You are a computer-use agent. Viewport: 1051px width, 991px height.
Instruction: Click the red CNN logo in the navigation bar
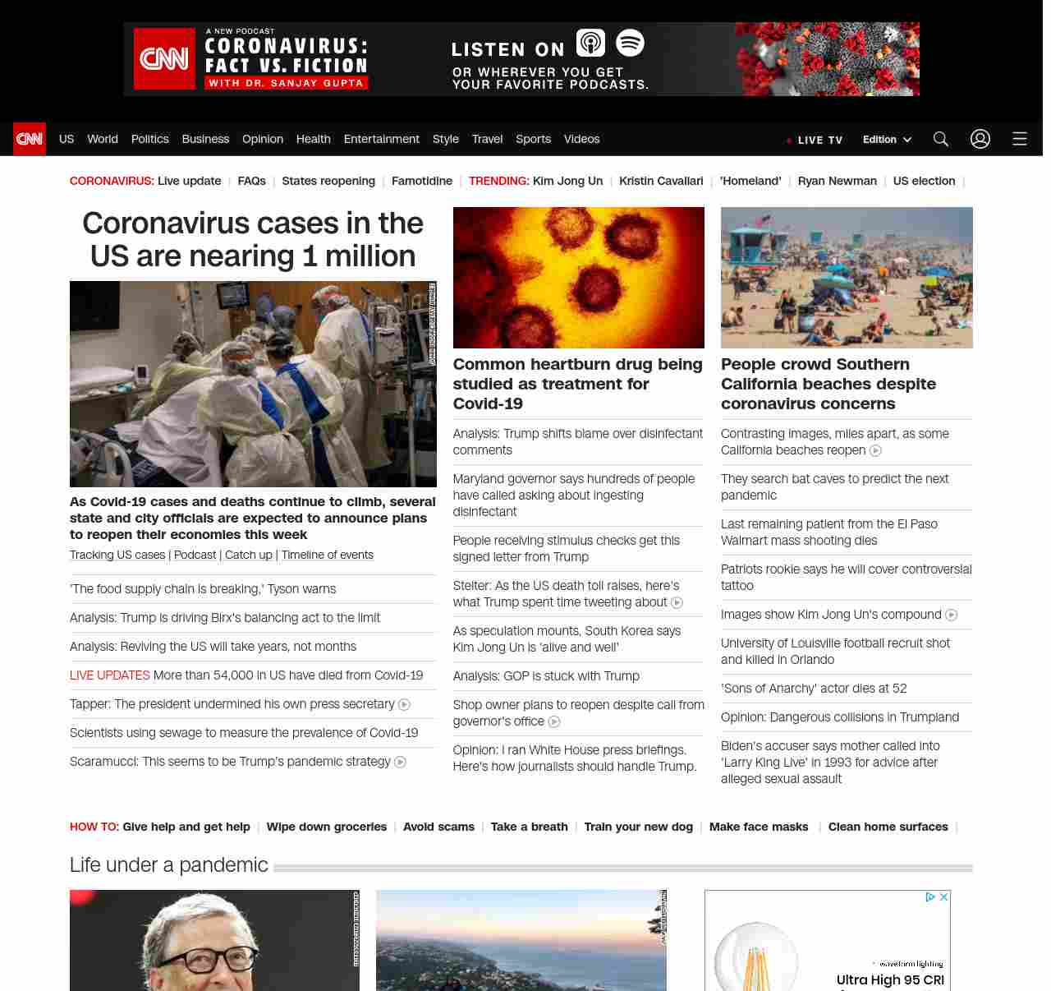[30, 139]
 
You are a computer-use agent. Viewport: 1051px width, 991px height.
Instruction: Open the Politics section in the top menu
[150, 139]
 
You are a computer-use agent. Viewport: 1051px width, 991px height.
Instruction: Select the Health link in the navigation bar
[313, 139]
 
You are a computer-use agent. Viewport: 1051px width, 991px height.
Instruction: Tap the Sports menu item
[533, 139]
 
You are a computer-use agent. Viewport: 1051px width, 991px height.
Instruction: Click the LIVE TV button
[815, 140]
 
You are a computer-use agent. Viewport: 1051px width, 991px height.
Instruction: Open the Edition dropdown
[887, 140]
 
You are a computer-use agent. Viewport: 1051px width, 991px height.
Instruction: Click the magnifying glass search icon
[941, 139]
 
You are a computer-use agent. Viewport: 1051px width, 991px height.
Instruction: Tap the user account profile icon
[980, 139]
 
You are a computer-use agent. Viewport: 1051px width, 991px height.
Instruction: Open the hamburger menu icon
[1020, 139]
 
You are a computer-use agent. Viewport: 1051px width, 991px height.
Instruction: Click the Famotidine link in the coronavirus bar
[422, 181]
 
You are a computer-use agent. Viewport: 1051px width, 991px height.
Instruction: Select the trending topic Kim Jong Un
[567, 181]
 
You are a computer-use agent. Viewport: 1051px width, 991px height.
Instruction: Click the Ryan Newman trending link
[837, 181]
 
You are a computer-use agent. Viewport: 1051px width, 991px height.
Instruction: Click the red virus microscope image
[579, 278]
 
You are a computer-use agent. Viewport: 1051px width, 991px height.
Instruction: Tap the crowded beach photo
[847, 278]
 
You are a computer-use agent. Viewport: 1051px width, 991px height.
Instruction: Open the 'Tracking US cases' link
[117, 555]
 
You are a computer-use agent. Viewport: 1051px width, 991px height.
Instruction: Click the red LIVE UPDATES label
[110, 675]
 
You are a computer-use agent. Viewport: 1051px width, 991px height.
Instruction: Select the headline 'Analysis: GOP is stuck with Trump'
[546, 676]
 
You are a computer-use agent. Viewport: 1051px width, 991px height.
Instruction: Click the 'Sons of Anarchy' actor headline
[814, 689]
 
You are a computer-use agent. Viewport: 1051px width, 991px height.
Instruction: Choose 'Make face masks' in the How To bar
[759, 827]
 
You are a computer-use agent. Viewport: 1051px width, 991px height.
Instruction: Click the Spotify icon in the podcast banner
[630, 43]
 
